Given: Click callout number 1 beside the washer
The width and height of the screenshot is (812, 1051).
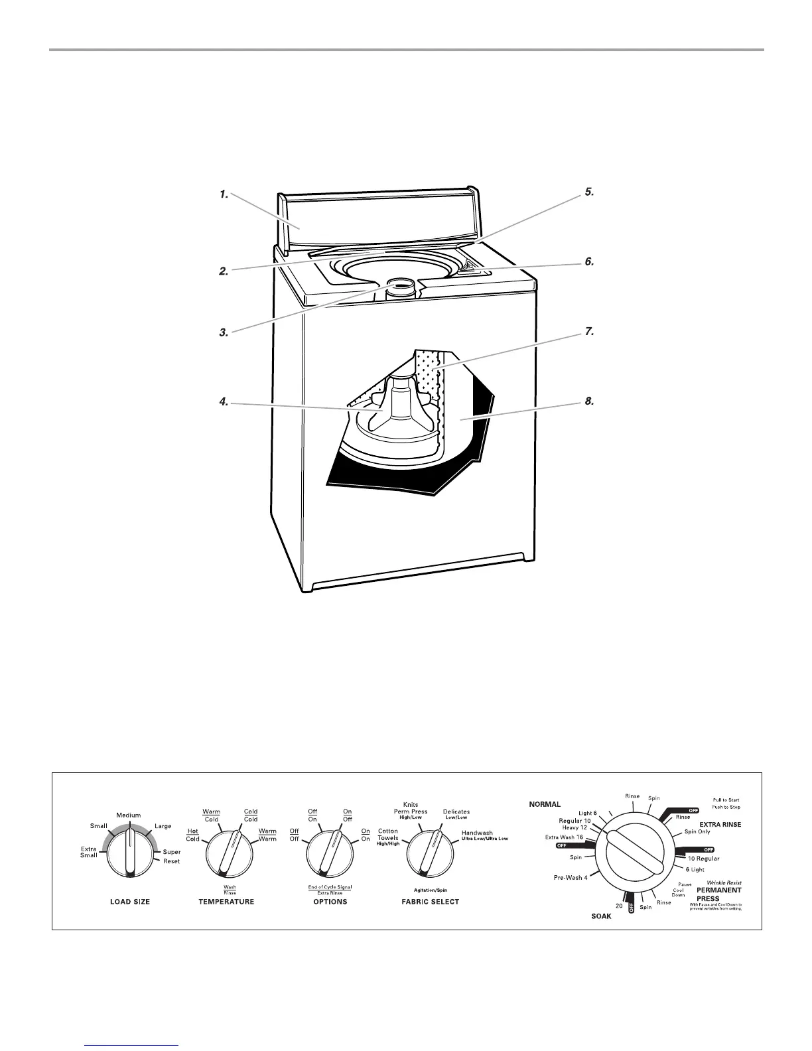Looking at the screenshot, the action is [224, 194].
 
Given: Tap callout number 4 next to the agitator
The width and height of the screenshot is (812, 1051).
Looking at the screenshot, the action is [224, 401].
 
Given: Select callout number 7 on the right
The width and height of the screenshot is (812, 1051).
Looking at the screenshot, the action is [589, 332].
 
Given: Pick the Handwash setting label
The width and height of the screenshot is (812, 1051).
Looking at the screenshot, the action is [477, 833].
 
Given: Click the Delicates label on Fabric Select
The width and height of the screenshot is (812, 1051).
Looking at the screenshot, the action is [456, 811].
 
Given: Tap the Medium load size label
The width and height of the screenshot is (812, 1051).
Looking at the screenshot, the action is [128, 815].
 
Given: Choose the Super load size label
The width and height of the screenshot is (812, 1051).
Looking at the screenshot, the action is [171, 852].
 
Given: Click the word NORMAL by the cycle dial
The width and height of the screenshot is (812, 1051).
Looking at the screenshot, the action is [545, 804].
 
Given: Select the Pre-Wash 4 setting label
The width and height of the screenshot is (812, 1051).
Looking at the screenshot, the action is [571, 878].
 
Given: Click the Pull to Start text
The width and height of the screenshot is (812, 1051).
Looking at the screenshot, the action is [726, 801].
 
